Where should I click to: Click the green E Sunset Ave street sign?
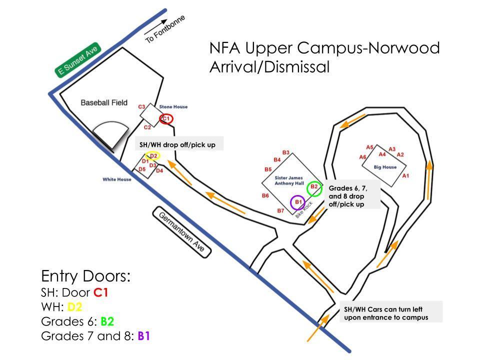[x=78, y=59]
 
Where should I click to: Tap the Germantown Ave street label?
[x=182, y=232]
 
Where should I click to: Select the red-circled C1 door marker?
[x=166, y=119]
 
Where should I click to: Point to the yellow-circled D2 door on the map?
[x=153, y=156]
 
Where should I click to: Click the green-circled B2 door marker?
[x=314, y=188]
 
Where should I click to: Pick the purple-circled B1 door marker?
[x=297, y=202]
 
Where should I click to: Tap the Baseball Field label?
[x=104, y=102]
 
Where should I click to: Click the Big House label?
[x=385, y=167]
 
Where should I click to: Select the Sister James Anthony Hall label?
[x=289, y=180]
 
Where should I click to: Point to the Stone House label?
[x=173, y=107]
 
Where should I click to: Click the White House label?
[x=117, y=179]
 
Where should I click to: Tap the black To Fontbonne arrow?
[x=155, y=26]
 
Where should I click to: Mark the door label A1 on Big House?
[x=405, y=175]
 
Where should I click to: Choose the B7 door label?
[x=280, y=210]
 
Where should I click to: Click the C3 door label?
[x=141, y=107]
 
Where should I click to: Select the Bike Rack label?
[x=304, y=209]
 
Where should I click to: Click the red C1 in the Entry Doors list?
[x=100, y=292]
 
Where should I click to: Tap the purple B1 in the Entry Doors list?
[x=144, y=336]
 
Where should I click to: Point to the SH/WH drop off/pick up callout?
[x=177, y=145]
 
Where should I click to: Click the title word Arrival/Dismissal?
[x=269, y=67]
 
